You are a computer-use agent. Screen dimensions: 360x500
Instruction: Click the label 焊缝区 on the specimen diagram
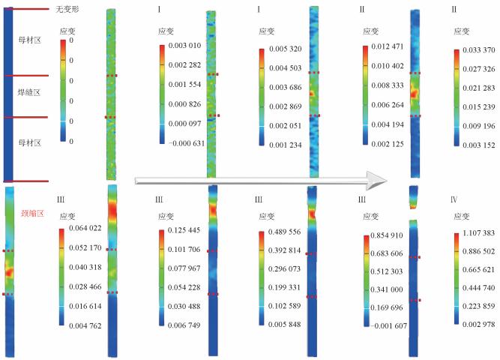(28, 93)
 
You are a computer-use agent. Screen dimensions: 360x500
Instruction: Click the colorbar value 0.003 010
(184, 47)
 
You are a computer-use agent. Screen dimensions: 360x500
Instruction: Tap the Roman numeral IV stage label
(457, 199)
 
